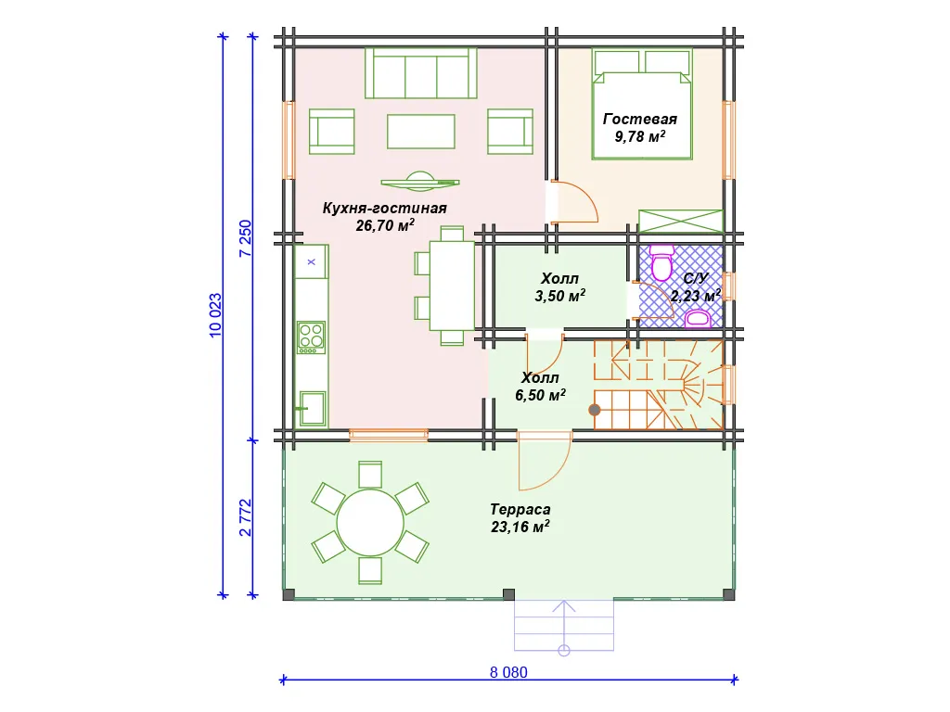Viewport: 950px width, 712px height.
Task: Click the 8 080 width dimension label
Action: [x=508, y=672]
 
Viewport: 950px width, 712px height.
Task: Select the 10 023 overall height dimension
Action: [x=215, y=315]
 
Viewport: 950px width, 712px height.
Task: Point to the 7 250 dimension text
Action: [x=245, y=238]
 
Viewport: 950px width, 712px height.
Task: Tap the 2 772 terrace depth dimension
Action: [x=245, y=517]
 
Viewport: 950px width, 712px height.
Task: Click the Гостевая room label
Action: [x=640, y=120]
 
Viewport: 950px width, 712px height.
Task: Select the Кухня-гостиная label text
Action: [x=385, y=208]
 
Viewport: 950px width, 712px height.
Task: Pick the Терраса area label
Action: [x=520, y=509]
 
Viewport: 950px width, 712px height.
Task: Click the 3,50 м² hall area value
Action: [x=559, y=296]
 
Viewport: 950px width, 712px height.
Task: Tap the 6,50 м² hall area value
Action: [x=541, y=395]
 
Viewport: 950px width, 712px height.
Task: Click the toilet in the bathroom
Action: [x=661, y=262]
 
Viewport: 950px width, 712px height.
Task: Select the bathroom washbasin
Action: [x=698, y=319]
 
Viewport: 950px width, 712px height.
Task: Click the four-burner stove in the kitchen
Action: [x=312, y=337]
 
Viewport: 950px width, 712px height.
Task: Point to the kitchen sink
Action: [x=312, y=408]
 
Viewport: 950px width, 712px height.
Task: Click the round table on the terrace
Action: [x=370, y=523]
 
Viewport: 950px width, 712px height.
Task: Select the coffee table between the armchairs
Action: [x=421, y=132]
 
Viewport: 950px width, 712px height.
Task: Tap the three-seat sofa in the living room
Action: [x=421, y=73]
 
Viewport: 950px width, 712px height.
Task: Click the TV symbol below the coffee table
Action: [x=420, y=181]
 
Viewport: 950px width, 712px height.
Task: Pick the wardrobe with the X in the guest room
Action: [x=681, y=221]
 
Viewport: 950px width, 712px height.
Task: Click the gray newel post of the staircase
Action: [x=595, y=410]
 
